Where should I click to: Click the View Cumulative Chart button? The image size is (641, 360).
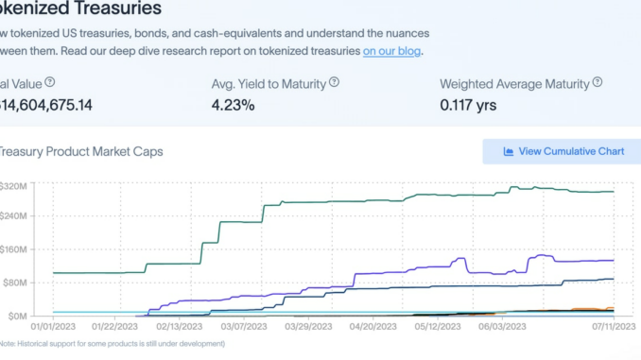pos(562,151)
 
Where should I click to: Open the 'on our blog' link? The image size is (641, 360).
pos(392,51)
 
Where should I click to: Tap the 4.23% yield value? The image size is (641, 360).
pos(233,105)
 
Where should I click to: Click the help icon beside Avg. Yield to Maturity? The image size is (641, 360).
pos(334,82)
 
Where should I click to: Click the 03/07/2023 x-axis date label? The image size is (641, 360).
pos(243,326)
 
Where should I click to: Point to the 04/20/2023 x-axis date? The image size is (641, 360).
pos(371,326)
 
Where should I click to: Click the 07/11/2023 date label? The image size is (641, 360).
pos(613,326)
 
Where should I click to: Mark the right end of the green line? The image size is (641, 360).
pos(614,192)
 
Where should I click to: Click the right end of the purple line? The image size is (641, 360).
pos(614,260)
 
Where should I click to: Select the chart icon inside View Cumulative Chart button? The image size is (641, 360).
pos(508,151)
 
